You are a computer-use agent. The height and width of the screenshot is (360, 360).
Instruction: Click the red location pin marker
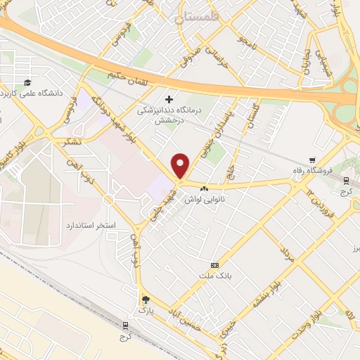tap(181, 165)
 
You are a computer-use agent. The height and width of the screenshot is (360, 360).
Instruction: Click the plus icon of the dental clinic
tap(168, 98)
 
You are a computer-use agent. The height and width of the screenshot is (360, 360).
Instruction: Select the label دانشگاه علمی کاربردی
tap(30, 92)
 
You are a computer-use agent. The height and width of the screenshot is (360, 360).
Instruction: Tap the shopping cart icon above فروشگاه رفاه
tap(314, 160)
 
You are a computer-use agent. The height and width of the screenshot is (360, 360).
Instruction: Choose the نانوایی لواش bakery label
tap(203, 200)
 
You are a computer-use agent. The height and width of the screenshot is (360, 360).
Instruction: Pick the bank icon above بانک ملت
tap(214, 265)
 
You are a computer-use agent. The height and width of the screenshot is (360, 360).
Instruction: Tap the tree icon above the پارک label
tap(146, 298)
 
